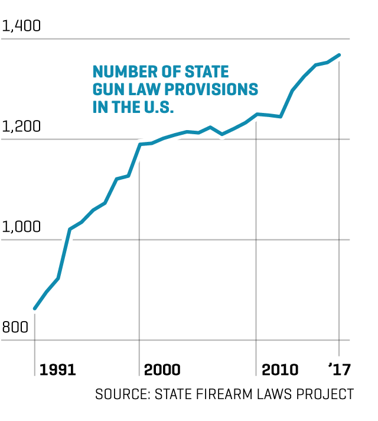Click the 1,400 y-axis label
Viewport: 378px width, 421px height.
click(21, 27)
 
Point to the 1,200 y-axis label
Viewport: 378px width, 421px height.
click(21, 127)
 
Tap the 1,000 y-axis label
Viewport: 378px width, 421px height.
click(21, 227)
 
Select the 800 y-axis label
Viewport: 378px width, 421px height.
click(15, 327)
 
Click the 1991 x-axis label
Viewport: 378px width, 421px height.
click(57, 370)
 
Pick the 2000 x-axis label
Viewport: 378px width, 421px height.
click(162, 370)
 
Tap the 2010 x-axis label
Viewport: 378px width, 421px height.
click(280, 370)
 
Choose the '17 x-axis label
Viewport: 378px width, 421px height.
click(340, 370)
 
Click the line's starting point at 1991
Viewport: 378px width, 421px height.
click(35, 309)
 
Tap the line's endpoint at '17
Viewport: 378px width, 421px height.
click(339, 55)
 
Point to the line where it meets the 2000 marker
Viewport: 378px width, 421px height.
click(140, 144)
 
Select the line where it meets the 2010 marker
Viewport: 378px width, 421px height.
click(257, 114)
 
